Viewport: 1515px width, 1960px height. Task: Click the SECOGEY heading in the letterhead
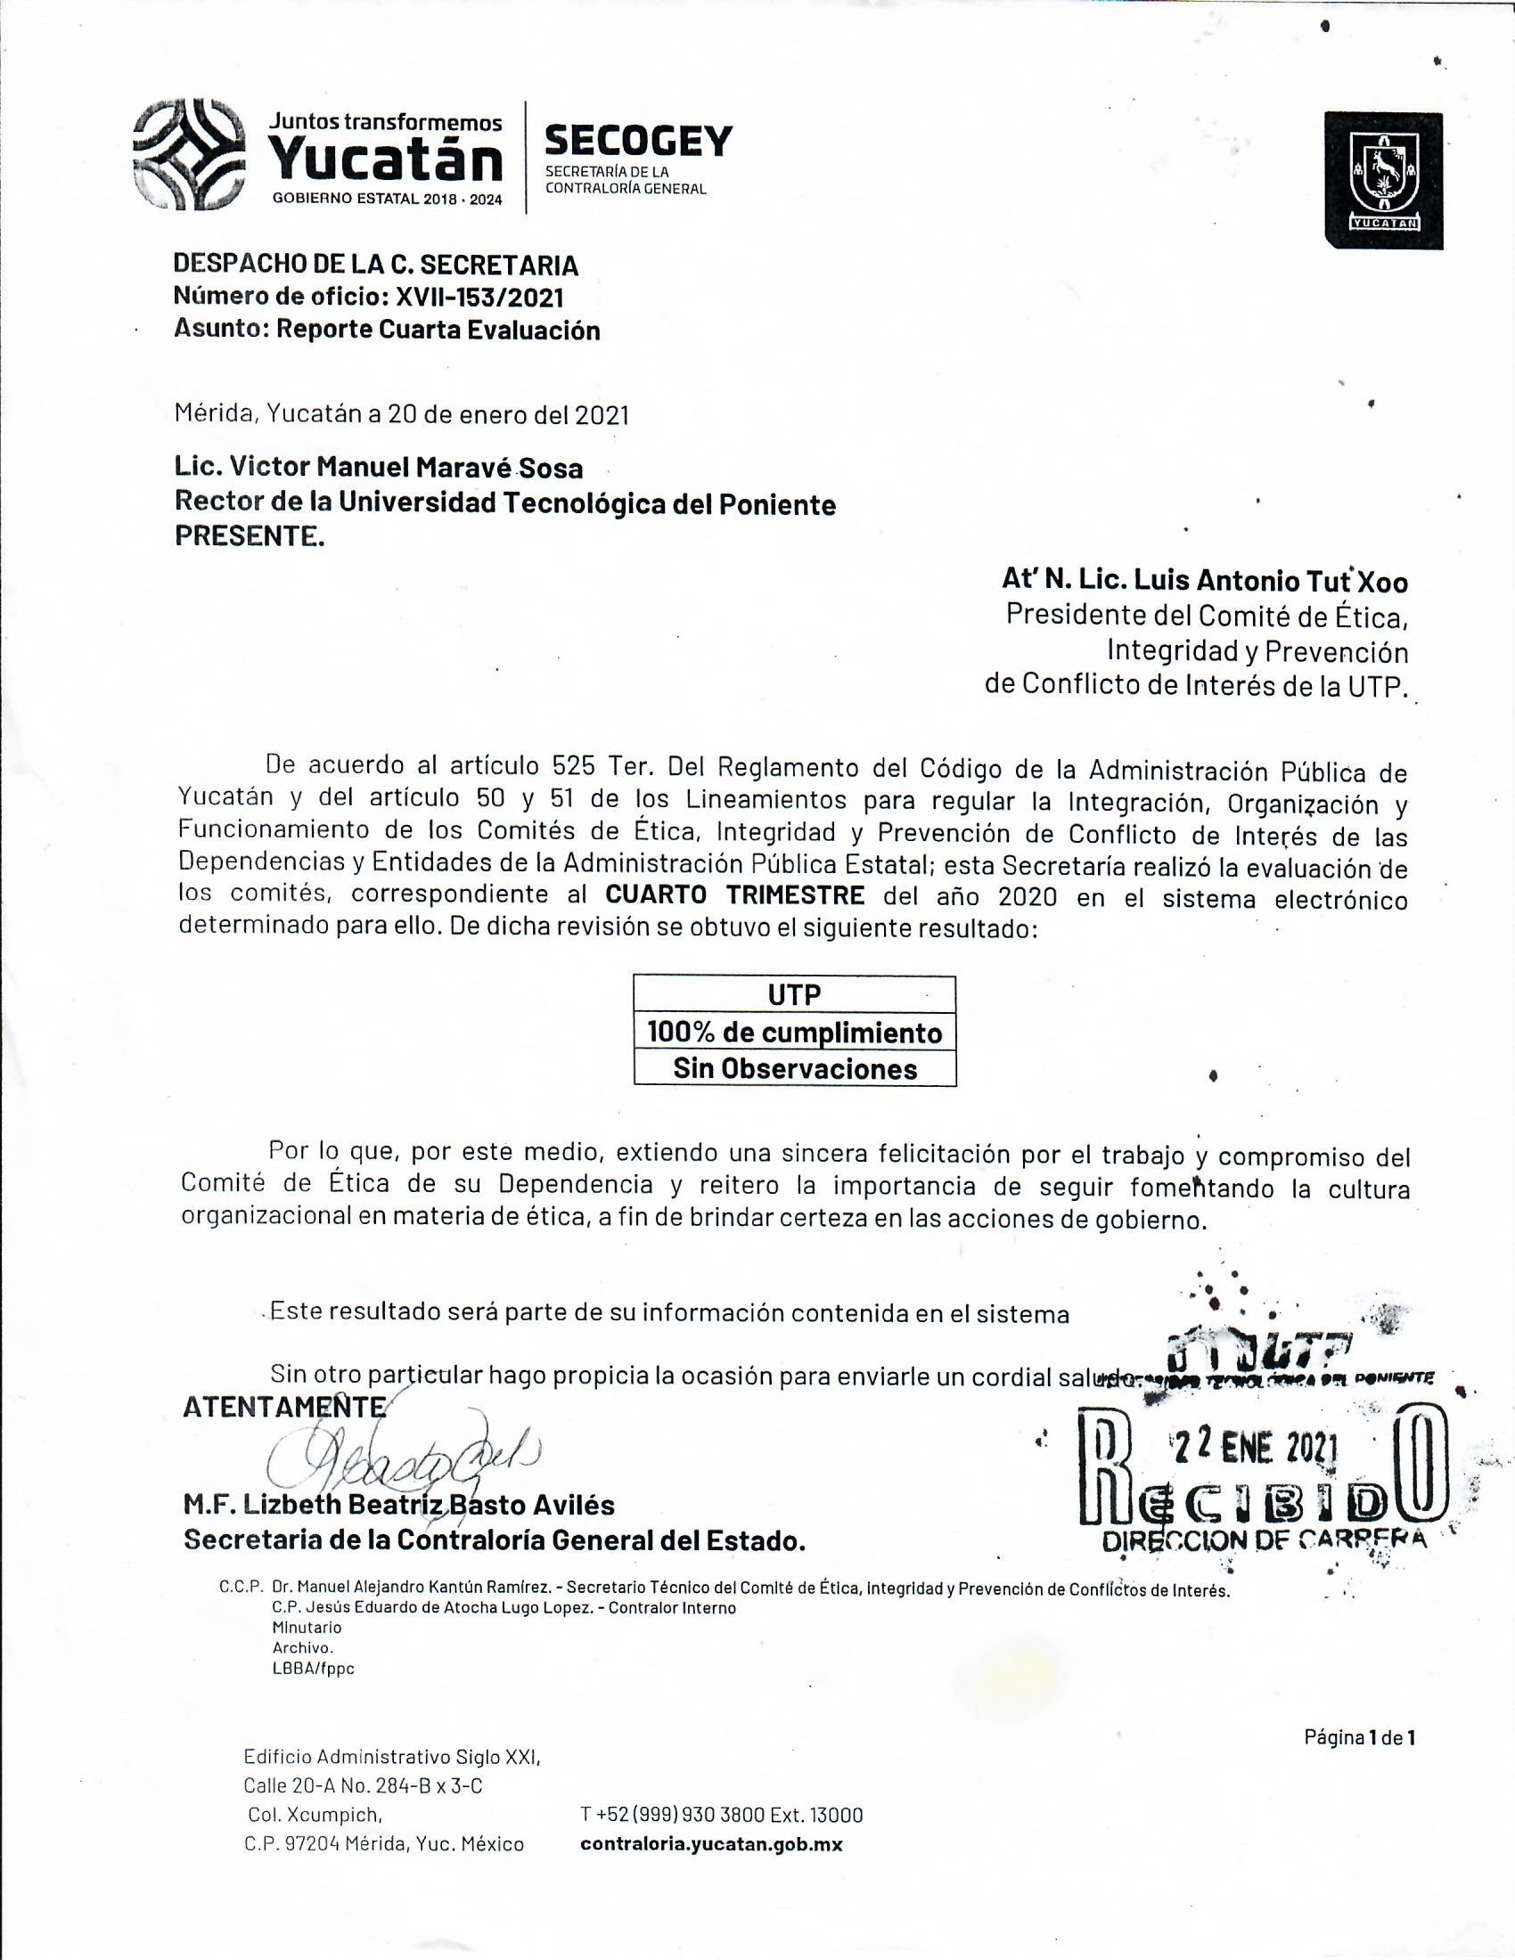(x=638, y=141)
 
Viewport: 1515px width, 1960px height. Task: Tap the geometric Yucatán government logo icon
(x=188, y=155)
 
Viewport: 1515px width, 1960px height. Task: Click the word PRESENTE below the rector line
(x=250, y=536)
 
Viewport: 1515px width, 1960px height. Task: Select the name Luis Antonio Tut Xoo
(x=1271, y=582)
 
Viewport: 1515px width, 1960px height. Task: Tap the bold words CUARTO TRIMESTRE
(x=734, y=894)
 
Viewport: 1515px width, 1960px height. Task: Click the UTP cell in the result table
(x=794, y=994)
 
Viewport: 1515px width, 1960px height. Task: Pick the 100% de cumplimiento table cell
(x=794, y=1032)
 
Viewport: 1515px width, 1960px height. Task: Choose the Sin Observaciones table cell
(x=794, y=1068)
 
